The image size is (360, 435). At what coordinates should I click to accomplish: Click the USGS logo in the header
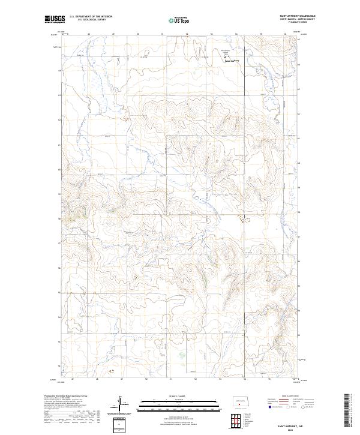[x=55, y=19]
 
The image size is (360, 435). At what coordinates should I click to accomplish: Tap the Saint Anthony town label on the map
[x=231, y=61]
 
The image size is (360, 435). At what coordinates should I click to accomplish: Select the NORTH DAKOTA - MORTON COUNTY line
[x=298, y=19]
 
